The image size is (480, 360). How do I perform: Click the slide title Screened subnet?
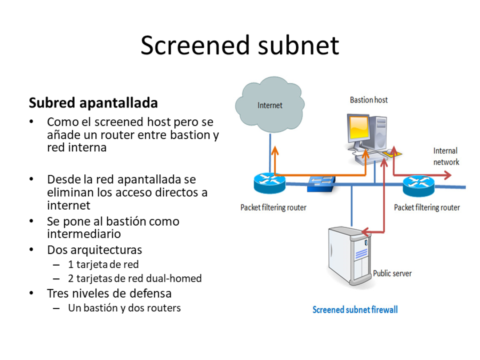pyautogui.click(x=239, y=46)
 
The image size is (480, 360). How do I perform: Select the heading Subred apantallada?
pyautogui.click(x=93, y=102)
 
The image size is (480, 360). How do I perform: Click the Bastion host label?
pyautogui.click(x=369, y=100)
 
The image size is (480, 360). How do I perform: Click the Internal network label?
pyautogui.click(x=445, y=156)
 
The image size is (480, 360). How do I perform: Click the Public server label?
pyautogui.click(x=392, y=273)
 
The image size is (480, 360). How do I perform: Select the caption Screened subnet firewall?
pyautogui.click(x=355, y=309)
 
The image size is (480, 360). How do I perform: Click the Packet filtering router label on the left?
pyautogui.click(x=273, y=207)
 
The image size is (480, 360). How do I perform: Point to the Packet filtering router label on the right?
pyautogui.click(x=427, y=207)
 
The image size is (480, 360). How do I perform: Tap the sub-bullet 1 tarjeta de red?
pyautogui.click(x=103, y=264)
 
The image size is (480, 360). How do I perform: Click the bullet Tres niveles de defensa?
pyautogui.click(x=109, y=293)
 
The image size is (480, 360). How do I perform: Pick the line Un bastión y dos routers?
pyautogui.click(x=124, y=308)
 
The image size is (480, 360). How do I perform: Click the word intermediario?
pyautogui.click(x=84, y=234)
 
